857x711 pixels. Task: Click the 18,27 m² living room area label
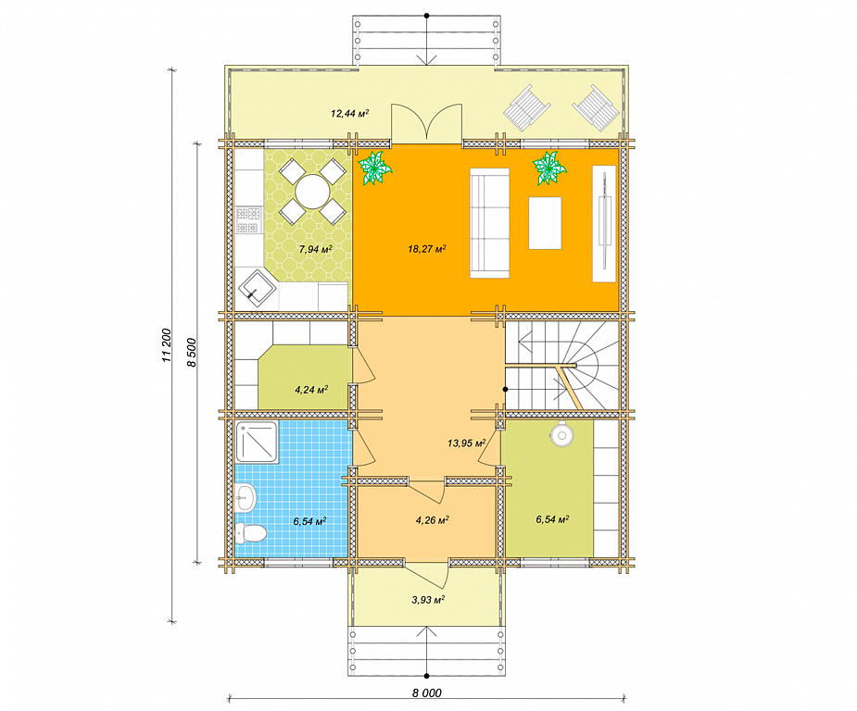point(427,249)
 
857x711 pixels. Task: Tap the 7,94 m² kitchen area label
point(315,249)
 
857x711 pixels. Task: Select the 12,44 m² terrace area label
point(350,114)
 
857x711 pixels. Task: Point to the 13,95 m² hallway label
point(467,443)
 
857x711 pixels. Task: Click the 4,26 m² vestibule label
point(433,520)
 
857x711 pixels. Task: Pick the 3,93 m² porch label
point(428,600)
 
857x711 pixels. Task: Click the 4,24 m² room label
point(311,390)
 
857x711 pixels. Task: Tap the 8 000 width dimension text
point(427,693)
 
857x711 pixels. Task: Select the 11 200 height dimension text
point(167,344)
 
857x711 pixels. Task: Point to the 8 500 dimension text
point(191,352)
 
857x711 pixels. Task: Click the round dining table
point(312,192)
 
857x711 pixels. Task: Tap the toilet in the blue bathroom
point(250,533)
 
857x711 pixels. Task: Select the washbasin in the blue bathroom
point(246,497)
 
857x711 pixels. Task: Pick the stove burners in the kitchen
point(247,219)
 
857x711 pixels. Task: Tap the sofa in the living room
point(490,223)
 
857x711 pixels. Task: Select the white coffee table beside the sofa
point(545,223)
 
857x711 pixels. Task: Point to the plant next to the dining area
point(374,167)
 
